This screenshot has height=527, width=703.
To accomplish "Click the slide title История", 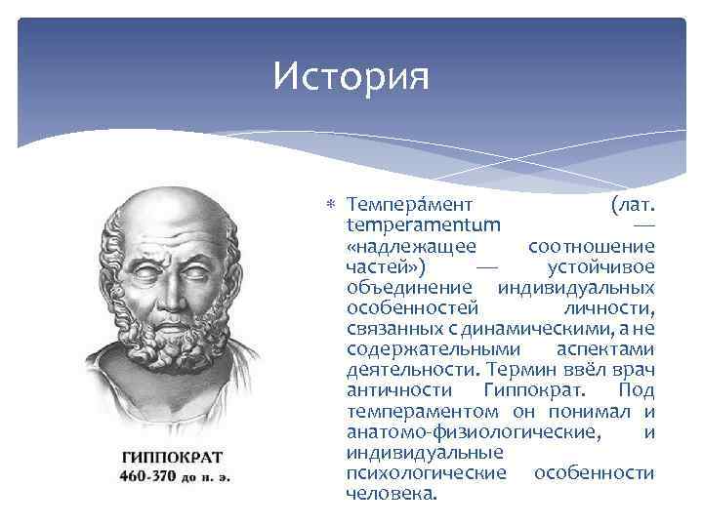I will [x=351, y=75].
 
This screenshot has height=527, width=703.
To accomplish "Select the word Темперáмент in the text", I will [x=410, y=206].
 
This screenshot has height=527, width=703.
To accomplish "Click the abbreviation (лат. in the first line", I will [x=632, y=206].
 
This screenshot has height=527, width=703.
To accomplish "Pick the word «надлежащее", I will [x=411, y=247].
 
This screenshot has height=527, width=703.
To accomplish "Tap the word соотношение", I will [x=591, y=247].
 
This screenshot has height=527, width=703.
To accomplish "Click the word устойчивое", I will [x=601, y=267].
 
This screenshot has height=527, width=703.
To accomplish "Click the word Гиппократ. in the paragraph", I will [x=528, y=390].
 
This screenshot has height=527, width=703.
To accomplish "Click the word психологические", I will [x=427, y=472].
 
